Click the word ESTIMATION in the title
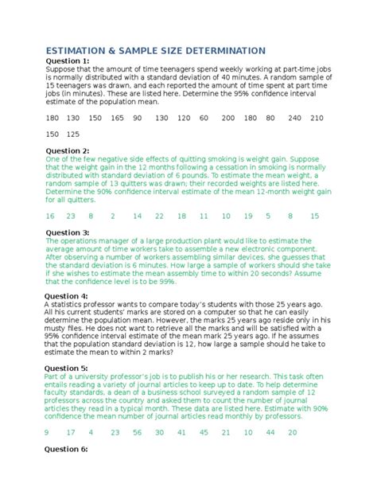80,50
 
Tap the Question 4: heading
67,295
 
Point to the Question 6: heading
67,449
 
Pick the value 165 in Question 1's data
117,117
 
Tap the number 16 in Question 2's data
50,216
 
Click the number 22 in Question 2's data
159,216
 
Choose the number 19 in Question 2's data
248,216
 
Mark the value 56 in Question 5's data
137,432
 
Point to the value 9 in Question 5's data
47,432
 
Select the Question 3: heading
67,233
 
